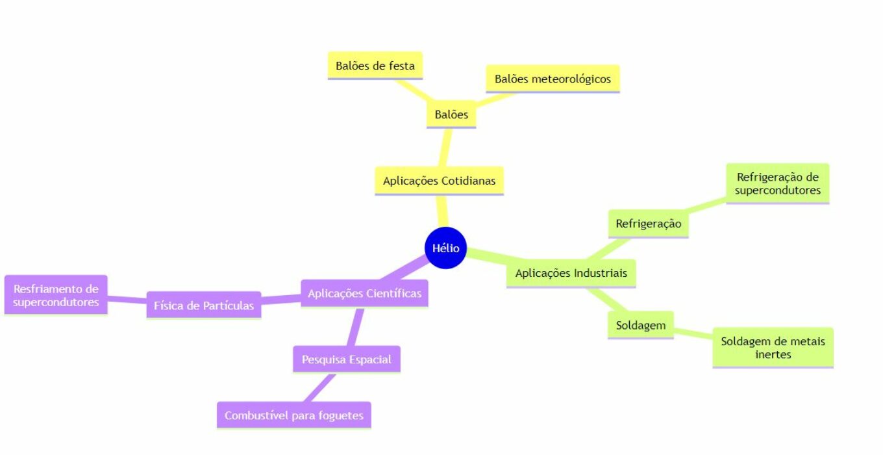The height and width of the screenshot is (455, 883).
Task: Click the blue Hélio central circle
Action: click(x=445, y=248)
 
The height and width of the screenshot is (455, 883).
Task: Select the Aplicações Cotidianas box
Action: click(x=439, y=181)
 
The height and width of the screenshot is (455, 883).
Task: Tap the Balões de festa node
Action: click(x=375, y=66)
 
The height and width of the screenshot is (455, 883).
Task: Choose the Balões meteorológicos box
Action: click(x=553, y=79)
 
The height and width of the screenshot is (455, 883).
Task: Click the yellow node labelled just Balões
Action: click(x=451, y=114)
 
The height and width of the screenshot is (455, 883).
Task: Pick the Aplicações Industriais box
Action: click(x=571, y=273)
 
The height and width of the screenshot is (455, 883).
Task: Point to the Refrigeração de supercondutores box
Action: click(x=778, y=183)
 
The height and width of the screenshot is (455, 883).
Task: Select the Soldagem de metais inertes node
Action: click(x=773, y=348)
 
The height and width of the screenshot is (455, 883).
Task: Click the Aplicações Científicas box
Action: click(x=365, y=293)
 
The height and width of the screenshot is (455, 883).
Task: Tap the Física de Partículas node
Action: click(x=204, y=305)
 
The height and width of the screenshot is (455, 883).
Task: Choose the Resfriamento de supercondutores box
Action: click(x=56, y=295)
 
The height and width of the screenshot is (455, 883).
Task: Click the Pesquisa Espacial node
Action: click(x=347, y=359)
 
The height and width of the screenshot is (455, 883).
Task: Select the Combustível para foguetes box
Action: click(x=294, y=415)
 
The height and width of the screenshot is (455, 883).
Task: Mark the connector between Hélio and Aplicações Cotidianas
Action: click(x=442, y=211)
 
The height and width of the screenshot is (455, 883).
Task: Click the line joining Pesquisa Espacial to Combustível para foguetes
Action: click(x=319, y=387)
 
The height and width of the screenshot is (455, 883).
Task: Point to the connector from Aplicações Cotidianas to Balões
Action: click(x=445, y=148)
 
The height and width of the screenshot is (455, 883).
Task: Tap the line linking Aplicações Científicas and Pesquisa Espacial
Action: click(x=354, y=327)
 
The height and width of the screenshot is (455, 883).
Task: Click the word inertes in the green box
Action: click(x=773, y=354)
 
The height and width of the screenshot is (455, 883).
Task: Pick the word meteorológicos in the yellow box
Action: click(x=571, y=79)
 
